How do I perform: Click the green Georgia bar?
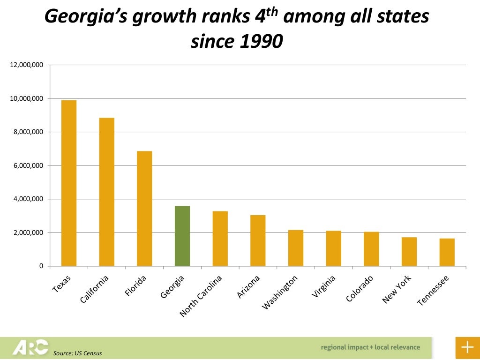[x=182, y=236]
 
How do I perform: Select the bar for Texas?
[x=69, y=183]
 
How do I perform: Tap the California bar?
[x=107, y=192]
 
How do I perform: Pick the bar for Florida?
[x=144, y=209]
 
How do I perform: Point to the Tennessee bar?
[x=447, y=252]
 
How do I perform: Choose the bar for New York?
[x=409, y=252]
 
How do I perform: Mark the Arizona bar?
[x=258, y=240]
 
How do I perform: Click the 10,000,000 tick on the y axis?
[x=27, y=99]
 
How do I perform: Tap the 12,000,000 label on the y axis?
[x=27, y=65]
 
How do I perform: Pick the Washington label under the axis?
[x=279, y=293]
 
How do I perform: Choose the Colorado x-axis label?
[x=360, y=289]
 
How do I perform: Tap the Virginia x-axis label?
[x=323, y=287]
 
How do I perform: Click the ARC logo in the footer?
[x=30, y=347]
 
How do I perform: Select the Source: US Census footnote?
[x=77, y=353]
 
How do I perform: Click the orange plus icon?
[x=467, y=347]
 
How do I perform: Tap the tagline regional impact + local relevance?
[x=370, y=347]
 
